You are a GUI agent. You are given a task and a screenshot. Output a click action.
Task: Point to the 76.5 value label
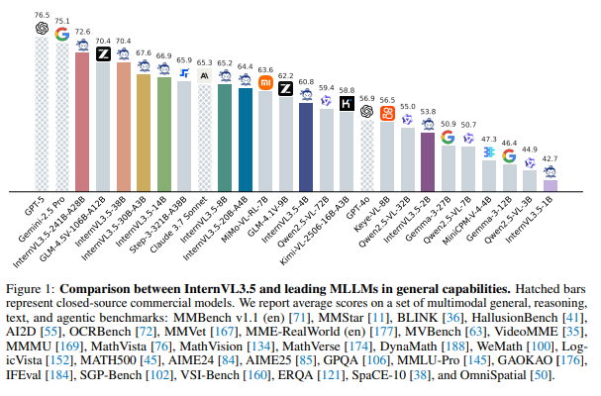click(x=41, y=15)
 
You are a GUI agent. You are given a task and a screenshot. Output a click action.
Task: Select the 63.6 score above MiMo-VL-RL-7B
click(x=265, y=69)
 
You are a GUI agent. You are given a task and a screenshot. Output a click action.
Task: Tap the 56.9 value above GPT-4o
click(x=366, y=99)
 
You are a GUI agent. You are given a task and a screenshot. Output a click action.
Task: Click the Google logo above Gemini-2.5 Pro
click(x=61, y=35)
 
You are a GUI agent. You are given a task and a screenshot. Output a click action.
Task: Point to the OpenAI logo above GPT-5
click(x=41, y=29)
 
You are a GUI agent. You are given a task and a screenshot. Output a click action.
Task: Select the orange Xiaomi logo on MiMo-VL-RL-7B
click(x=265, y=83)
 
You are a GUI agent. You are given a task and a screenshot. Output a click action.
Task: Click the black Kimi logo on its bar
click(x=347, y=103)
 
